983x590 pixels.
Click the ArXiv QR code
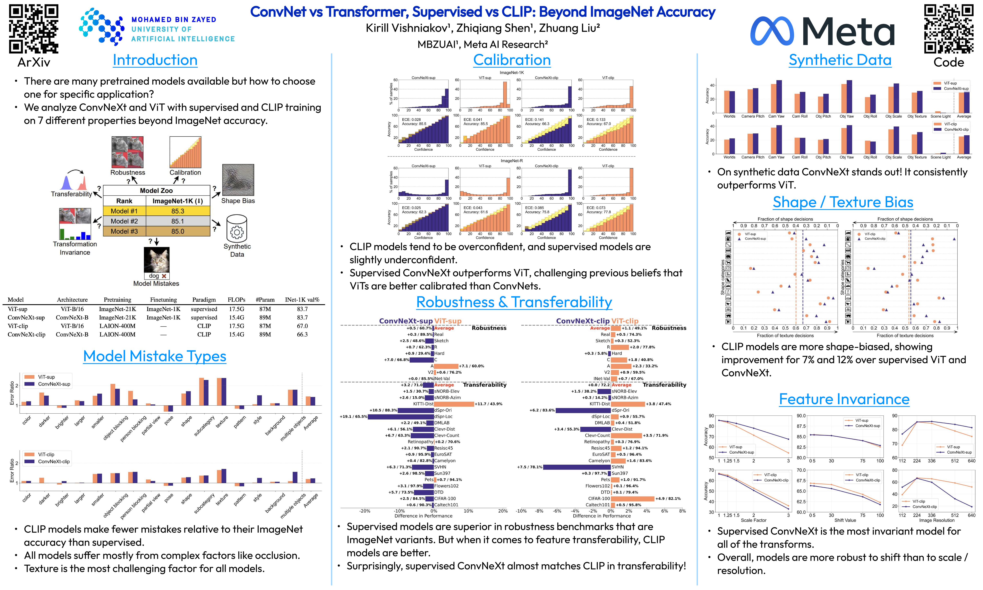click(x=34, y=29)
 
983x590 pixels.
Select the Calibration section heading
click(x=512, y=60)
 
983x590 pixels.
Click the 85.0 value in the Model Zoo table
click(x=178, y=231)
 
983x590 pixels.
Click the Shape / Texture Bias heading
click(x=843, y=202)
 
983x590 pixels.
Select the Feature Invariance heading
click(x=844, y=399)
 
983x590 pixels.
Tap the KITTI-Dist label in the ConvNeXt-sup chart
click(x=423, y=404)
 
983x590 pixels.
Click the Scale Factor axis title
click(x=754, y=520)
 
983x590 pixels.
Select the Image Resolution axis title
click(x=937, y=520)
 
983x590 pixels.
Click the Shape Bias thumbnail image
click(x=238, y=180)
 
